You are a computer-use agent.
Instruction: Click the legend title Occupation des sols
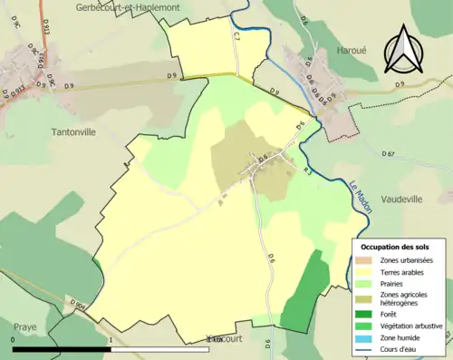coord(394,247)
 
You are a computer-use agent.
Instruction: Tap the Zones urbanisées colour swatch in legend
coord(363,259)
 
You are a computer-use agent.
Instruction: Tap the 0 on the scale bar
coord(13,339)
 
